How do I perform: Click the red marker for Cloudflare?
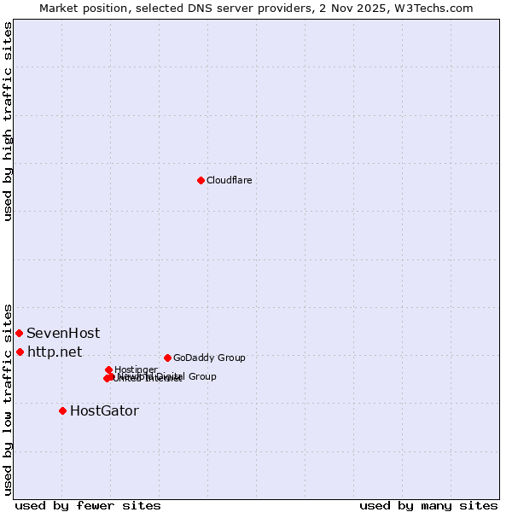pyautogui.click(x=201, y=180)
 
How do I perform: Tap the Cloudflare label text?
pyautogui.click(x=229, y=180)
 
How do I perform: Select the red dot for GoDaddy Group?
pyautogui.click(x=167, y=358)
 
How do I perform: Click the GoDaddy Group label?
pyautogui.click(x=209, y=358)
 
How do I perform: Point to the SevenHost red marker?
pyautogui.click(x=19, y=333)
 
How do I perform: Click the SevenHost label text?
pyautogui.click(x=63, y=333)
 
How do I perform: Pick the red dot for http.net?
pyautogui.click(x=20, y=352)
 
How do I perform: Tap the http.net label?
pyautogui.click(x=55, y=352)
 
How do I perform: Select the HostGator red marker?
pyautogui.click(x=62, y=410)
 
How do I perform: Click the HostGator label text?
pyautogui.click(x=104, y=410)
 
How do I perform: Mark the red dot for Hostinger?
pyautogui.click(x=109, y=369)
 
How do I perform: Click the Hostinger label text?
pyautogui.click(x=136, y=369)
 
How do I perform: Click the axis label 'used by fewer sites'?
pyautogui.click(x=88, y=506)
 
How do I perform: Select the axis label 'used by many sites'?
pyautogui.click(x=428, y=506)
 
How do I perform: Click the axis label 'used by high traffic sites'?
pyautogui.click(x=8, y=121)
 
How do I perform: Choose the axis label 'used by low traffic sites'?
pyautogui.click(x=8, y=399)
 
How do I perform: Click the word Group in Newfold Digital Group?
pyautogui.click(x=202, y=376)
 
